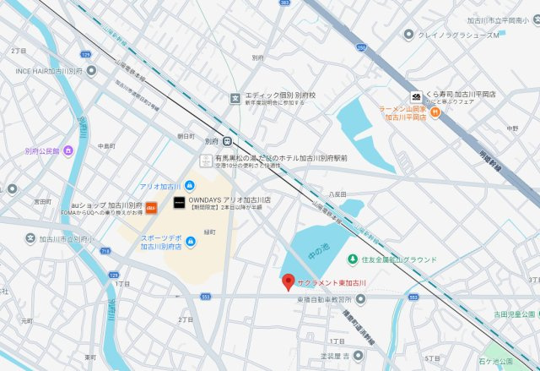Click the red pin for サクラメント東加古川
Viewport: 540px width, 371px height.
[x=288, y=281]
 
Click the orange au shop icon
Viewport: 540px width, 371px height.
[x=151, y=205]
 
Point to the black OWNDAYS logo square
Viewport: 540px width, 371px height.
[x=178, y=203]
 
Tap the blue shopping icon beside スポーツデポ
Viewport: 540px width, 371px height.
[x=190, y=243]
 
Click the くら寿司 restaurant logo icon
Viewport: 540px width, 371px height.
[x=416, y=97]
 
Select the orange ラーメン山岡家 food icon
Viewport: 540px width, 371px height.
[x=434, y=110]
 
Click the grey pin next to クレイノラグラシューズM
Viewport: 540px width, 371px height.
[x=409, y=35]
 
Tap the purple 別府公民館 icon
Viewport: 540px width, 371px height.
[x=67, y=150]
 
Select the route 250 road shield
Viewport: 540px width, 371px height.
[x=362, y=48]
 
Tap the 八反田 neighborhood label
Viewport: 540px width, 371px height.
[x=337, y=194]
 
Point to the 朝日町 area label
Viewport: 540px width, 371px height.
[x=186, y=135]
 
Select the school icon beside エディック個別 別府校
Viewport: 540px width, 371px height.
[x=235, y=95]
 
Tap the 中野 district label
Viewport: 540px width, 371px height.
[x=512, y=128]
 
